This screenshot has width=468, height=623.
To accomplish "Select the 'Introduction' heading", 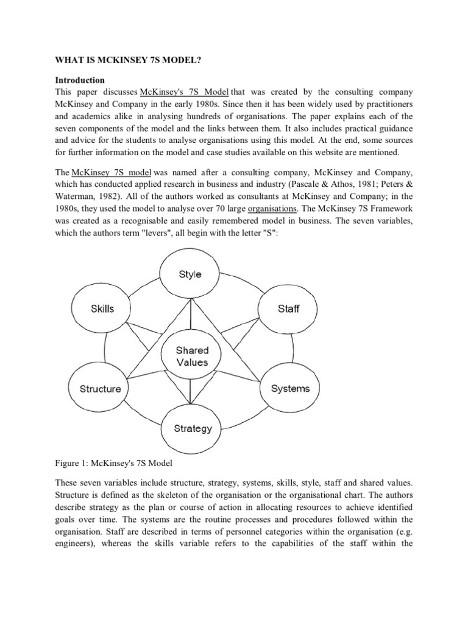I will coord(80,80).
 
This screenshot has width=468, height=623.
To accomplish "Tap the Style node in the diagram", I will coord(190,274).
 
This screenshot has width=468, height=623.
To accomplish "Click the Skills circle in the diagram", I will coord(102,308).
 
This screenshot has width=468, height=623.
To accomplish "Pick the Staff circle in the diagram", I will coord(288,308).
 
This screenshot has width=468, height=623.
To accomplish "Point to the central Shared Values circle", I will coord(192,356).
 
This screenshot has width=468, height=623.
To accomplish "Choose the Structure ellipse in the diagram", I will coord(100,389).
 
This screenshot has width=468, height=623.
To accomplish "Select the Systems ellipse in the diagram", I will coord(290,388).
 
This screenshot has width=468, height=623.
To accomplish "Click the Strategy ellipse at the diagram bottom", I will coord(193,428).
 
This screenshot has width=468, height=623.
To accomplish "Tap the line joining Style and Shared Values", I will coord(191,316).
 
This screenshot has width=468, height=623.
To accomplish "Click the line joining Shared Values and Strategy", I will coord(191,392).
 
